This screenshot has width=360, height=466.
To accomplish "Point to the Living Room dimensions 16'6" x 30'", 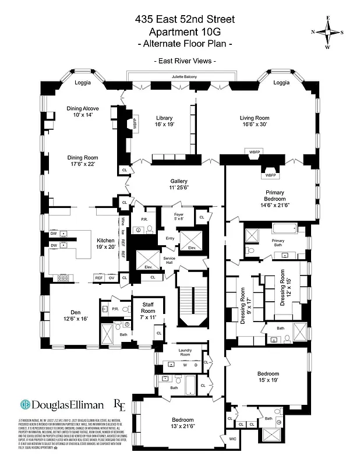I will click(255, 125).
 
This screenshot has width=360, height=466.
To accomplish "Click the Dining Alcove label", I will click(82, 108).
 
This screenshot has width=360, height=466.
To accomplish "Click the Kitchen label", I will click(105, 240).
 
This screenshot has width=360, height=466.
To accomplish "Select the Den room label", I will click(77, 312).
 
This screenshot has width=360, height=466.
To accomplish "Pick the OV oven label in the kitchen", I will click(111, 277).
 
